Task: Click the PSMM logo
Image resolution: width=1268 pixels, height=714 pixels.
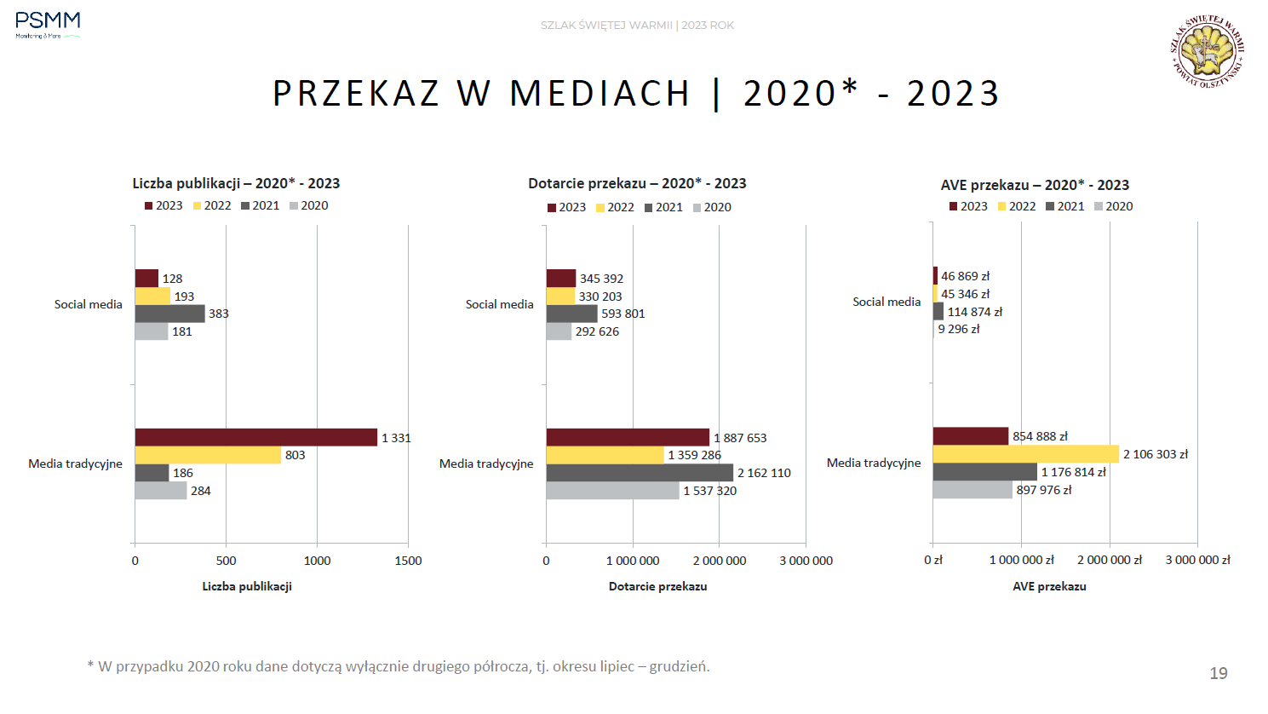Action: coord(48,25)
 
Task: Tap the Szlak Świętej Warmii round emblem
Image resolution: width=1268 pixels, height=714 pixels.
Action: coord(1207,52)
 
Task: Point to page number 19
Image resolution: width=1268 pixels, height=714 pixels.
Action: coord(1219,673)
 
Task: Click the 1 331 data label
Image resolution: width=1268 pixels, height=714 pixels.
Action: coord(396,438)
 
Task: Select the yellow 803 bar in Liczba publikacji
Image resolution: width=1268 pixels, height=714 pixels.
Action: coord(208,455)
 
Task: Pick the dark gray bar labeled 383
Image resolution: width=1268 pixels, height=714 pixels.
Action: coord(169,314)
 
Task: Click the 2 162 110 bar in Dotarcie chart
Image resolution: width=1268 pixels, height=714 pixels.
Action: coord(639,473)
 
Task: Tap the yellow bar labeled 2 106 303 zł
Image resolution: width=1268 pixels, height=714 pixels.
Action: coord(1025,454)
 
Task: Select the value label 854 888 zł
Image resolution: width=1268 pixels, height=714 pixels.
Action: coord(1040,436)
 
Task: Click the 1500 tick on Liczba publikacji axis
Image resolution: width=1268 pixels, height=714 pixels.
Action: coord(408,561)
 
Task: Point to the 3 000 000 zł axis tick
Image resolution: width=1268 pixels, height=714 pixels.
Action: coord(1197,560)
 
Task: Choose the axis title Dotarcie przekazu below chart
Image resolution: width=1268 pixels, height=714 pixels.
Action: coord(657,586)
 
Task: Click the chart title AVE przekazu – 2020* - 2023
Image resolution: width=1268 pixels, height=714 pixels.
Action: coord(1035,185)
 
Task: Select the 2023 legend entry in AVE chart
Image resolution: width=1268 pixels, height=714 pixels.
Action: coord(968,206)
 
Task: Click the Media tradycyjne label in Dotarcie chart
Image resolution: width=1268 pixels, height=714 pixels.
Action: coord(486,464)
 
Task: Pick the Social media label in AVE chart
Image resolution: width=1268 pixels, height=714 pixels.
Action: coord(886,302)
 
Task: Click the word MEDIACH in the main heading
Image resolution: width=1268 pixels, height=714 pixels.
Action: coord(600,93)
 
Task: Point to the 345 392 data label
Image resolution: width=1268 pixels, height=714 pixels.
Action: coord(601,279)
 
